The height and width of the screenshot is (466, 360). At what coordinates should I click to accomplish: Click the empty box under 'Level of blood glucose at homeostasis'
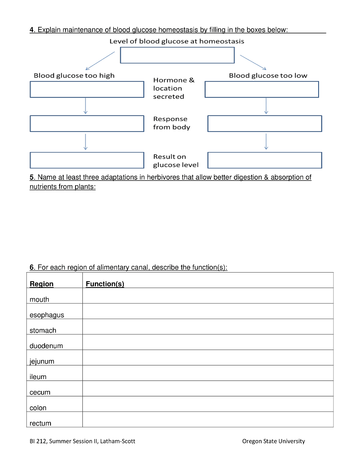[x=177, y=55]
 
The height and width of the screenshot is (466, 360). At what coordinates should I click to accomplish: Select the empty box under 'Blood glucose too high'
[x=87, y=89]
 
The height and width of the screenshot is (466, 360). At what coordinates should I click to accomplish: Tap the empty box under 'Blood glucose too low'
[x=262, y=89]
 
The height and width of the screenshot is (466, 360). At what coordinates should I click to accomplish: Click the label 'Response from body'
[x=171, y=123]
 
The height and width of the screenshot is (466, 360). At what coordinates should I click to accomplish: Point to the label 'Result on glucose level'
[x=176, y=161]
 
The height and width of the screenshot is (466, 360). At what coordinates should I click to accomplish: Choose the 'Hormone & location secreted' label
[x=173, y=88]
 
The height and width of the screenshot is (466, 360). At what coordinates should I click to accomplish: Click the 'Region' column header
[x=41, y=284]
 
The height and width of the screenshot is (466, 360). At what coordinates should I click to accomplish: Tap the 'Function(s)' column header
[x=105, y=284]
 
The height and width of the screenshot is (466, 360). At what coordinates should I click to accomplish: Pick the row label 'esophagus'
[x=47, y=315]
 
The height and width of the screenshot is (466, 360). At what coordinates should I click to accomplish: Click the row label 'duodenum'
[x=46, y=346]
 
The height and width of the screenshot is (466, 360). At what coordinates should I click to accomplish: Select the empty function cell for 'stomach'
[x=208, y=327]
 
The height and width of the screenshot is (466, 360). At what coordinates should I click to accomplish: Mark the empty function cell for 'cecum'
[x=208, y=389]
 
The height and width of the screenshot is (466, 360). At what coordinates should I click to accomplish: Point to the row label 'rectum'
[x=41, y=423]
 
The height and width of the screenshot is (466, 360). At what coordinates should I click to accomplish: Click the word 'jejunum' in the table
[x=42, y=361]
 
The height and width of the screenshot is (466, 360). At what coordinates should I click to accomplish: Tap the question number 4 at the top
[x=32, y=30]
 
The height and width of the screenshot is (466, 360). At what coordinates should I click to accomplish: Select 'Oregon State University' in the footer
[x=274, y=441]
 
